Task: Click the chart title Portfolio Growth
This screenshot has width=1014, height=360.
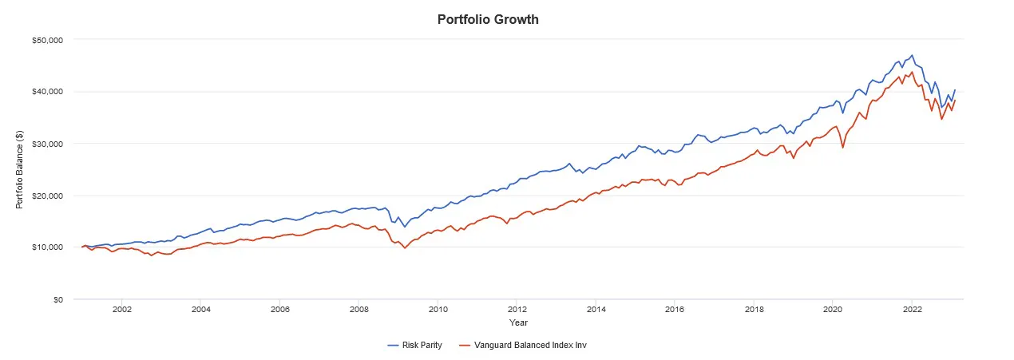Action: (488, 19)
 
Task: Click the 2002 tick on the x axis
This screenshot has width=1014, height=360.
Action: (121, 310)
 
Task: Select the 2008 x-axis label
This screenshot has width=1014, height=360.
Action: (358, 310)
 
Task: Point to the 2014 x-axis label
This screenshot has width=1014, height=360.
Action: (596, 310)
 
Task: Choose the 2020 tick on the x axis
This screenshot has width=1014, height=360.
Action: (833, 310)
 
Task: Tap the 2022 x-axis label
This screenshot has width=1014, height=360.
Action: (912, 310)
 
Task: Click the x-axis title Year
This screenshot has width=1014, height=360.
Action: (518, 322)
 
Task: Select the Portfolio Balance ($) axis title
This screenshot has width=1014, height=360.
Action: (19, 169)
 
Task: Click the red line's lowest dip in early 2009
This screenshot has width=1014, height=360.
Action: (405, 248)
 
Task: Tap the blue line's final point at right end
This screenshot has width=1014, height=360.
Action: (955, 90)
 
